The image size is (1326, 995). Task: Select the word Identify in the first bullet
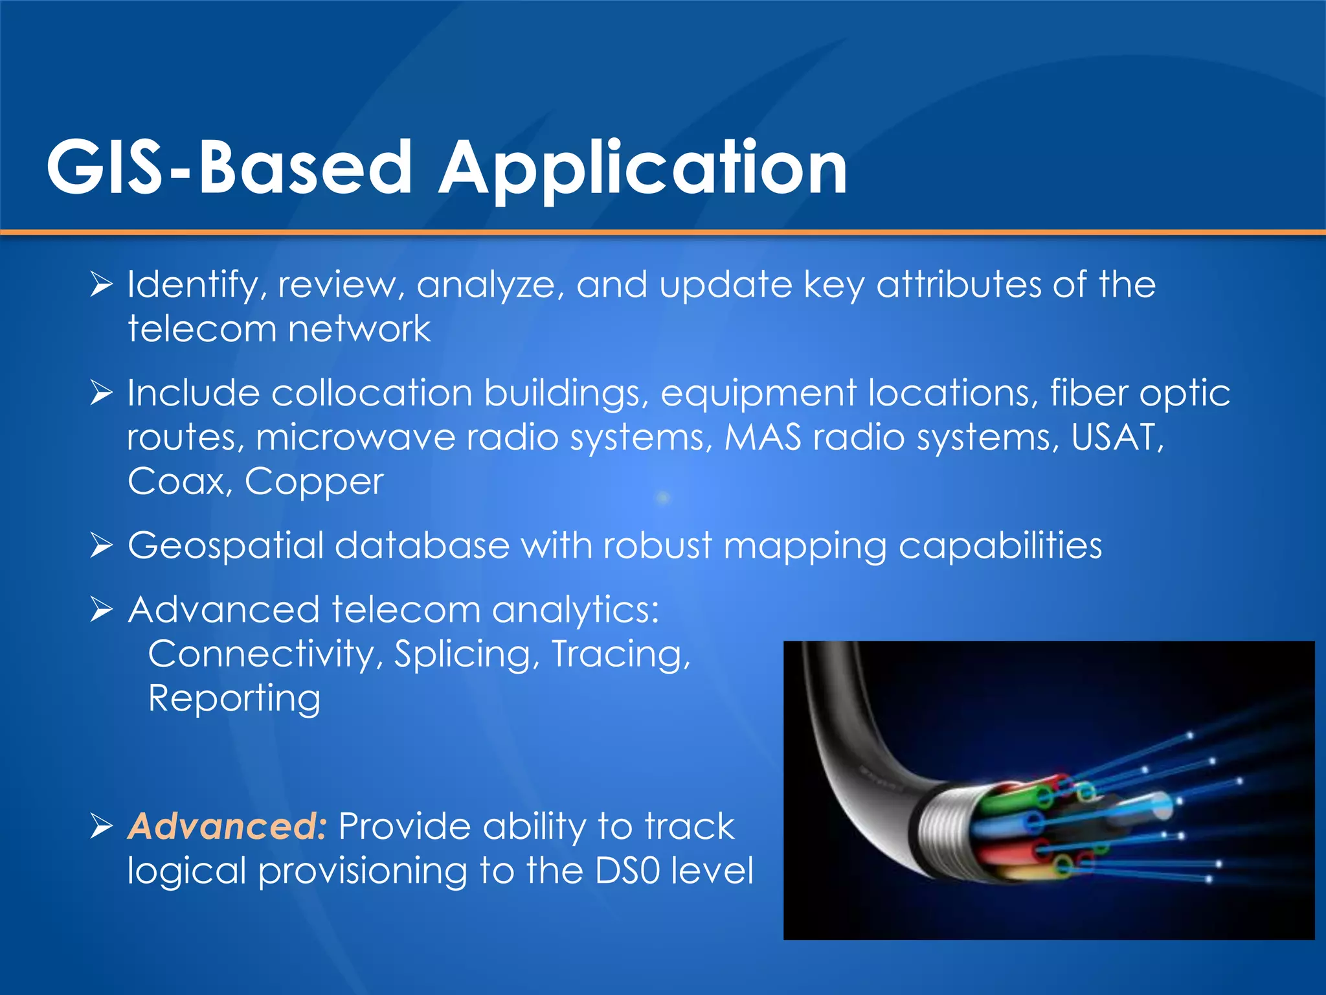tap(193, 286)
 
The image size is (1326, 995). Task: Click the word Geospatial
tap(225, 546)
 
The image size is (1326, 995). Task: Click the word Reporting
tap(234, 699)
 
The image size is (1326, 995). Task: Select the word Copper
tap(314, 483)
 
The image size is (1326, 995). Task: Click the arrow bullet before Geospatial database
tap(102, 545)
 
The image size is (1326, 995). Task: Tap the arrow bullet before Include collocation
tap(102, 393)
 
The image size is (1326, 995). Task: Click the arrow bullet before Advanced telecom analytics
tap(102, 609)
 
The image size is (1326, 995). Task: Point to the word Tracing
tap(621, 654)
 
